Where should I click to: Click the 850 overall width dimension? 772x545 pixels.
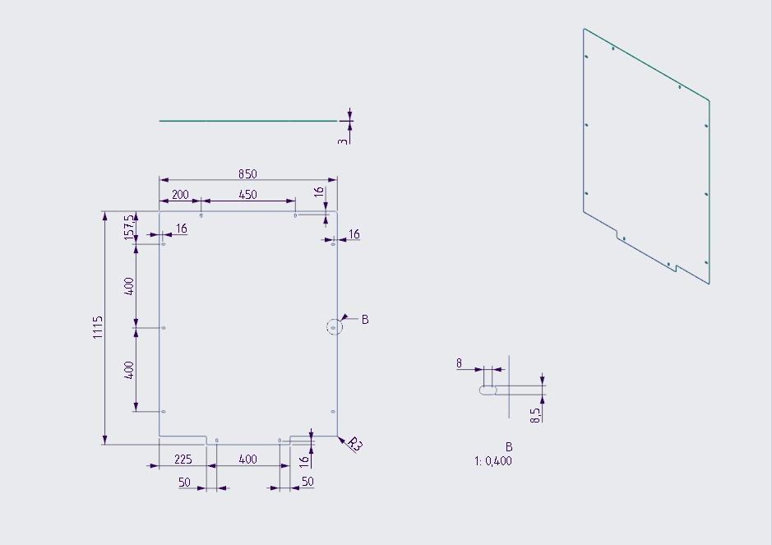pyautogui.click(x=247, y=173)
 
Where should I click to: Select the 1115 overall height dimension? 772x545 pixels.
pyautogui.click(x=98, y=327)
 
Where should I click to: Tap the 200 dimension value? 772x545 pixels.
pyautogui.click(x=180, y=195)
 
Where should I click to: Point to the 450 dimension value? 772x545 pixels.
pyautogui.click(x=247, y=195)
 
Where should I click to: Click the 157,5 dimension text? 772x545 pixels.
pyautogui.click(x=129, y=228)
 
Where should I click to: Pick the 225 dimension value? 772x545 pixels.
pyautogui.click(x=183, y=460)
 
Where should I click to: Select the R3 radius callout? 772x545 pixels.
pyautogui.click(x=354, y=444)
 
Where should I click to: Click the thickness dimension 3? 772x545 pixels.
pyautogui.click(x=343, y=141)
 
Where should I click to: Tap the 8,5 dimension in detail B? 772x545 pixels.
pyautogui.click(x=536, y=415)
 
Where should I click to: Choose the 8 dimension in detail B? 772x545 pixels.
pyautogui.click(x=459, y=363)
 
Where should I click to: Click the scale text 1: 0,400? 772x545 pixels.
pyautogui.click(x=493, y=461)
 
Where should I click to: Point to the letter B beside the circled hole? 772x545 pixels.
pyautogui.click(x=365, y=320)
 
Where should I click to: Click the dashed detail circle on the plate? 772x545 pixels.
pyautogui.click(x=335, y=327)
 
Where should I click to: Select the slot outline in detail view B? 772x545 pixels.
pyautogui.click(x=488, y=390)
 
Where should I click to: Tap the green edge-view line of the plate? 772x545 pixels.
pyautogui.click(x=248, y=121)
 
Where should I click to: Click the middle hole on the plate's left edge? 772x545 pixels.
pyautogui.click(x=164, y=328)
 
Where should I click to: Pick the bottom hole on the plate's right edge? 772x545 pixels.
pyautogui.click(x=333, y=412)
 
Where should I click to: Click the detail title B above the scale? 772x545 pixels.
pyautogui.click(x=509, y=447)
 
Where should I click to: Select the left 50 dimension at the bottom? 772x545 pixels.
pyautogui.click(x=184, y=482)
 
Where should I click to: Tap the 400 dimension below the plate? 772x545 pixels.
pyautogui.click(x=247, y=460)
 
